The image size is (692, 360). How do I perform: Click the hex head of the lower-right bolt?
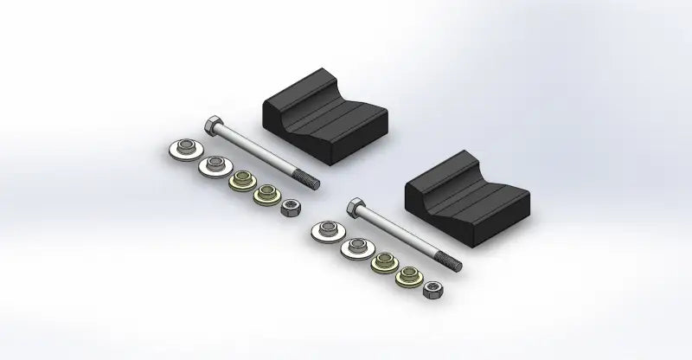356,205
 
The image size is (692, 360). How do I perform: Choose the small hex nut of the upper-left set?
292,208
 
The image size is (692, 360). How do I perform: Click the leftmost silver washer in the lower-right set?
324,231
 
